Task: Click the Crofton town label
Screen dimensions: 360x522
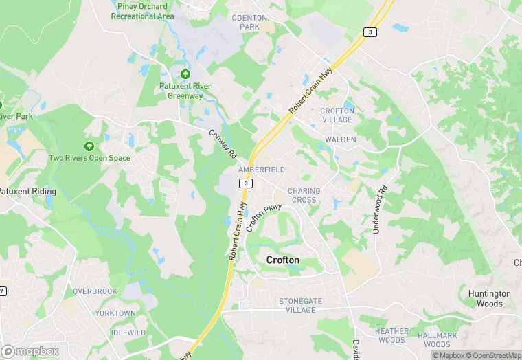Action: (x=282, y=260)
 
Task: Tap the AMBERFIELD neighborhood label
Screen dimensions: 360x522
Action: (x=261, y=169)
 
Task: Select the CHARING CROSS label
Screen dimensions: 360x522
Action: (x=303, y=195)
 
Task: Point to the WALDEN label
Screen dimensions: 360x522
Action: (x=340, y=139)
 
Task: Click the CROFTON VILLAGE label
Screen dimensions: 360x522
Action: (x=337, y=115)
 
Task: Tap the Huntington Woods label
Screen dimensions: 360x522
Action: (x=490, y=298)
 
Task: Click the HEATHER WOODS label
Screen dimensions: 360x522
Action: (x=391, y=335)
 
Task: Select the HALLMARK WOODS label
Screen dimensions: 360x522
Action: (x=437, y=339)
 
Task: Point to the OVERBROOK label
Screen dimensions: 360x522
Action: (x=95, y=291)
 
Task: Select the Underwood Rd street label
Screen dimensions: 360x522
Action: (x=380, y=209)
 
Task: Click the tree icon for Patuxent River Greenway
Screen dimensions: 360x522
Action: (x=185, y=74)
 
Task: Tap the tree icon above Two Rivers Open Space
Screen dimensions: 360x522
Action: (x=89, y=146)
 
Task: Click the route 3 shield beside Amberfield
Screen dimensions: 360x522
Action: (x=245, y=183)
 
